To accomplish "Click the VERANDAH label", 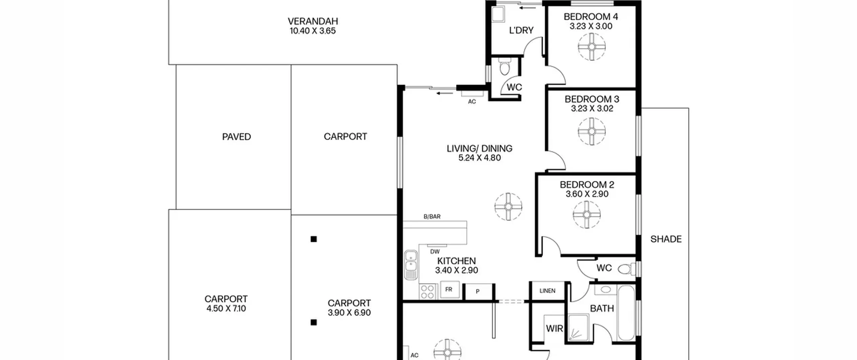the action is [x=313, y=21].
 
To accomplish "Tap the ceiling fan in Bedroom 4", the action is [x=592, y=47].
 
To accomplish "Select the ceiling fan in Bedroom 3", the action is [x=592, y=131].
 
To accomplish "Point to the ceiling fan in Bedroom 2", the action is [x=587, y=215].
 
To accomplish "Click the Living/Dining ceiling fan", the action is [x=508, y=207].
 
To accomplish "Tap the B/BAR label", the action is [x=432, y=217].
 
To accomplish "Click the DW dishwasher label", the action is [x=435, y=251].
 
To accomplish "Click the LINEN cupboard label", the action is [x=547, y=291].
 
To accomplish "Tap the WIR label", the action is [x=554, y=329].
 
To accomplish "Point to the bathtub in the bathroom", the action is [x=626, y=313].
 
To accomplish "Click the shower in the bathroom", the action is [x=578, y=327].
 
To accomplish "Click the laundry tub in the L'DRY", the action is [x=498, y=14].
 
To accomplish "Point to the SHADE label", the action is [x=666, y=239].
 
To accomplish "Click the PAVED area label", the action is [x=236, y=137].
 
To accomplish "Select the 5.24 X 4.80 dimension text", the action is [x=479, y=158].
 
